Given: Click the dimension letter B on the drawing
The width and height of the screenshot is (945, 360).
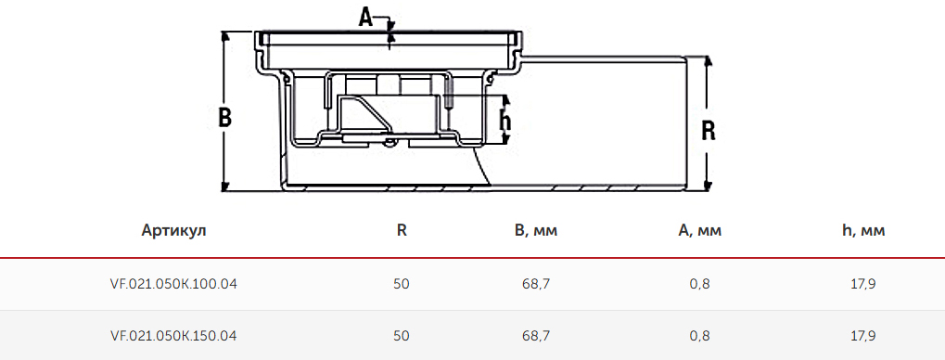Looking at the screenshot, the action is click(x=224, y=118).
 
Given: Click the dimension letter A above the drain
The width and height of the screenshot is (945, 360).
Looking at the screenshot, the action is click(x=365, y=18).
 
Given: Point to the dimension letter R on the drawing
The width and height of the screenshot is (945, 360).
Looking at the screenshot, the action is click(x=709, y=131).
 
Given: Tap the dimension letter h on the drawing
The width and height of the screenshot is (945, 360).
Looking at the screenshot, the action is click(x=505, y=122).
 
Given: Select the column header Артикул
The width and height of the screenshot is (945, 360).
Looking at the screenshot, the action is click(x=174, y=230).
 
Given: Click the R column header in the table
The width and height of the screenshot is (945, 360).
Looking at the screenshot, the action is click(x=402, y=230).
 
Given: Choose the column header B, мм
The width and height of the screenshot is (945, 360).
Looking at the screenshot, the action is click(x=536, y=230).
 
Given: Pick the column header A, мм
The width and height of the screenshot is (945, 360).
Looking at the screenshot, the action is click(x=699, y=230).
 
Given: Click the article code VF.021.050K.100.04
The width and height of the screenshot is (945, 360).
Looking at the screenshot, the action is click(x=174, y=283).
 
